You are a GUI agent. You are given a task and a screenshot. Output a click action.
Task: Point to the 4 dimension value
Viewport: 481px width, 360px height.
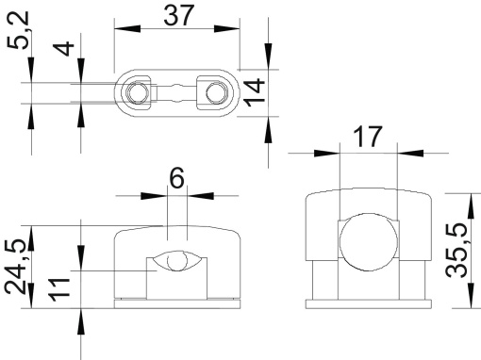coord(63,46)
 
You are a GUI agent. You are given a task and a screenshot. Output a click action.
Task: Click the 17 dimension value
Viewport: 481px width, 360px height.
coord(367,137)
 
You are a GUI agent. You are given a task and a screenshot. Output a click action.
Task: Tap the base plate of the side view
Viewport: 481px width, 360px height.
coord(367,303)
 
